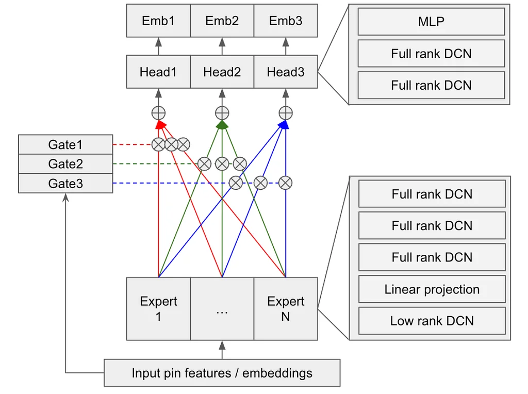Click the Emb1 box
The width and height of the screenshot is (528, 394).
(158, 21)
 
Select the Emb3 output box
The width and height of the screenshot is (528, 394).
(286, 21)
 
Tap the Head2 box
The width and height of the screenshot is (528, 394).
(222, 72)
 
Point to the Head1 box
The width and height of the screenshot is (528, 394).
(158, 72)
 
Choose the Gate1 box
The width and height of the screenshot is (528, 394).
(65, 144)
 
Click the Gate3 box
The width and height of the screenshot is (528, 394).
(65, 184)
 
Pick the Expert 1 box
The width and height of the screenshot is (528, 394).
(158, 309)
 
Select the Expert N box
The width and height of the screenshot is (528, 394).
(286, 309)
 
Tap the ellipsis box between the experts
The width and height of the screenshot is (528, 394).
(222, 309)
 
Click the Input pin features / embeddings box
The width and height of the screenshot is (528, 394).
(222, 373)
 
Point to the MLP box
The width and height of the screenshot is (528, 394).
(432, 22)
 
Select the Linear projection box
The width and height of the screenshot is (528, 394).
(432, 289)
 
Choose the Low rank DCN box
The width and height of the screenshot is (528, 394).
(432, 321)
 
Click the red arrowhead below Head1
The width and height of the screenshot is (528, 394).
(160, 125)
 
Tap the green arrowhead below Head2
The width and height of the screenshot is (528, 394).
(222, 125)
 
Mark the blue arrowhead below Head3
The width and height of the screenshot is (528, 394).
(284, 125)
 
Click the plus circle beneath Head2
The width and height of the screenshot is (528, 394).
(222, 113)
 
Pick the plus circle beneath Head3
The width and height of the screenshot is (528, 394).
(286, 113)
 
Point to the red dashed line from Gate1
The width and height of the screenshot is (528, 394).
(133, 144)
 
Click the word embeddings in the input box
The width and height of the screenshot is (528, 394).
(277, 373)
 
